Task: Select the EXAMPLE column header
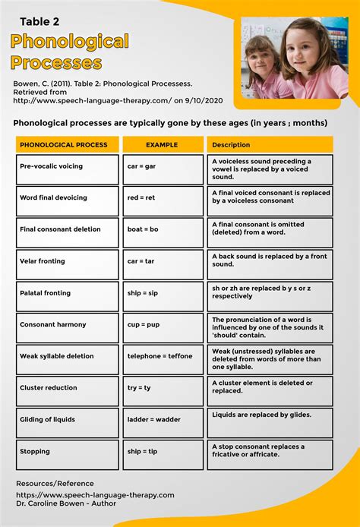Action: point(163,144)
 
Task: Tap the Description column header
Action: point(270,144)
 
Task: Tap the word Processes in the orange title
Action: point(56,62)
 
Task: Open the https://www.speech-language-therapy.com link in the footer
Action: point(95,495)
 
